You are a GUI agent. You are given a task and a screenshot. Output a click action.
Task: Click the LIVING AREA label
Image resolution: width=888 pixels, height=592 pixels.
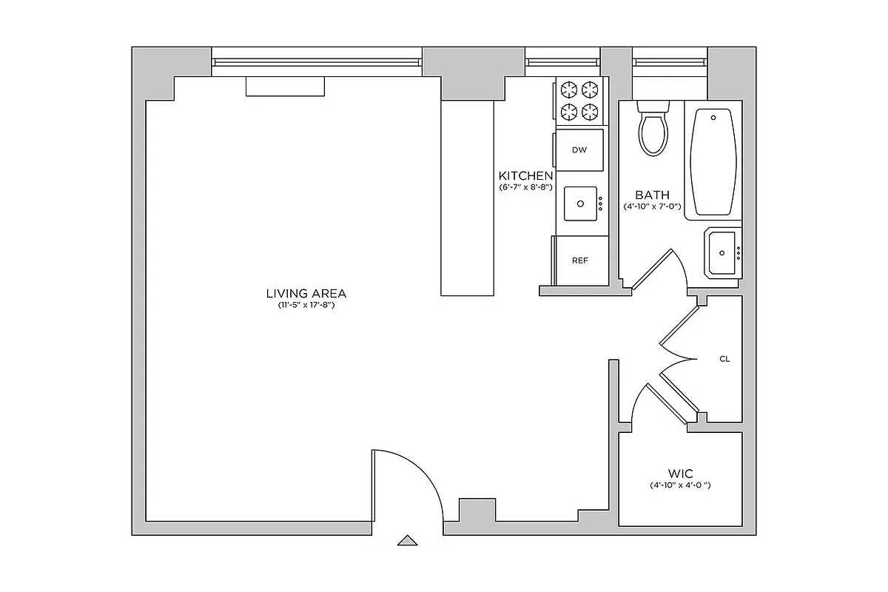pyautogui.click(x=307, y=292)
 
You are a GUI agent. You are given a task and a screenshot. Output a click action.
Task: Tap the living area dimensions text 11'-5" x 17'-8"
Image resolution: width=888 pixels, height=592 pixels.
pyautogui.click(x=307, y=305)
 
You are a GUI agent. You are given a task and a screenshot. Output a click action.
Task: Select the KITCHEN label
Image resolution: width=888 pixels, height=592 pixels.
pyautogui.click(x=525, y=176)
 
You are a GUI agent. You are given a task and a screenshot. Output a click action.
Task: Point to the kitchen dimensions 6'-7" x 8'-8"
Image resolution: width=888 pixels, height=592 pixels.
pyautogui.click(x=525, y=188)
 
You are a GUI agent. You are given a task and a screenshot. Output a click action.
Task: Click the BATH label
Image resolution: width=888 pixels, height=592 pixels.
pyautogui.click(x=652, y=195)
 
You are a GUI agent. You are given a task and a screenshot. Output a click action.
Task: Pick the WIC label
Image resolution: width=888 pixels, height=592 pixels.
pyautogui.click(x=680, y=473)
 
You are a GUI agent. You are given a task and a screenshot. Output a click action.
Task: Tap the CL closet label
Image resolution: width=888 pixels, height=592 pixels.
pyautogui.click(x=724, y=359)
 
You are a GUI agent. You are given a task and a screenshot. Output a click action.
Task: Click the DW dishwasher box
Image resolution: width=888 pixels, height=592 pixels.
pyautogui.click(x=579, y=150)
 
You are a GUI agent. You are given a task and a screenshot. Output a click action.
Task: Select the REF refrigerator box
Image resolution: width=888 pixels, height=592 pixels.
pyautogui.click(x=580, y=260)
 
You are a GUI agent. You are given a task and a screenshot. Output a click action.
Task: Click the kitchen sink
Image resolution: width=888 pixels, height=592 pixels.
pyautogui.click(x=580, y=203)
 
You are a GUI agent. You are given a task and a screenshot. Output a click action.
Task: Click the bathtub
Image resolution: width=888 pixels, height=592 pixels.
pyautogui.click(x=713, y=161)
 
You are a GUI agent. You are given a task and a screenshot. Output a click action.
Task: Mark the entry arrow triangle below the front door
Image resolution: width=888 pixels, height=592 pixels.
pyautogui.click(x=407, y=540)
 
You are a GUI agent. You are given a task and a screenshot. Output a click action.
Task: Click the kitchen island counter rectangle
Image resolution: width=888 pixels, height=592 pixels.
pyautogui.click(x=467, y=198)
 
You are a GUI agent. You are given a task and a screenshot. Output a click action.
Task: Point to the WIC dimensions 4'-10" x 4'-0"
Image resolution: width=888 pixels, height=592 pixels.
pyautogui.click(x=680, y=486)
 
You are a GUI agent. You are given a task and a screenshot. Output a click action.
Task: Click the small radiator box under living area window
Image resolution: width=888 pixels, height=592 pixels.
pyautogui.click(x=285, y=86)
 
